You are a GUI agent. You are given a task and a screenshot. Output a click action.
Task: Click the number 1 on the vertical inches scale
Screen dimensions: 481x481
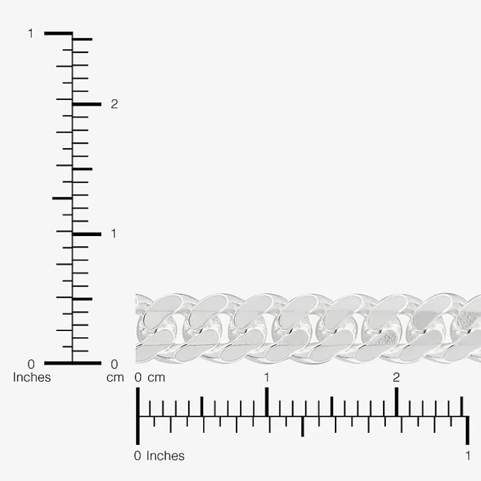point(31,34)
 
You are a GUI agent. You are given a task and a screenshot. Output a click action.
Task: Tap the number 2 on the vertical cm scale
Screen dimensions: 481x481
point(114,104)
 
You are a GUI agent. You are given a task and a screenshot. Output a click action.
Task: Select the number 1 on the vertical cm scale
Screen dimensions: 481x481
point(114,234)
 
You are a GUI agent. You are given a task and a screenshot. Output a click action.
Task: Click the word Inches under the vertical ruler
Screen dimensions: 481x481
point(32,377)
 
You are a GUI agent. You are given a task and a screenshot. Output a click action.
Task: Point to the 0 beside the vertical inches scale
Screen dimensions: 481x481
point(31,364)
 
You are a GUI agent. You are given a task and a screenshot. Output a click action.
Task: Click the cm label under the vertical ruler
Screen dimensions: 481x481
point(115,378)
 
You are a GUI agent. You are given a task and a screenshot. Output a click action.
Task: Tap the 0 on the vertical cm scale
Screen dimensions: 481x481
point(114,364)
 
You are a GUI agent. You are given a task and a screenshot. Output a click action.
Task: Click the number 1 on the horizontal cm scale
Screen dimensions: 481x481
point(267,377)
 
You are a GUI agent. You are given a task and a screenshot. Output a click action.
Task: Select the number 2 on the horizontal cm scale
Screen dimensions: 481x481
point(396,377)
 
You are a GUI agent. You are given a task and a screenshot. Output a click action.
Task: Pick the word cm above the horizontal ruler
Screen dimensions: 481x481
point(156,378)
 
